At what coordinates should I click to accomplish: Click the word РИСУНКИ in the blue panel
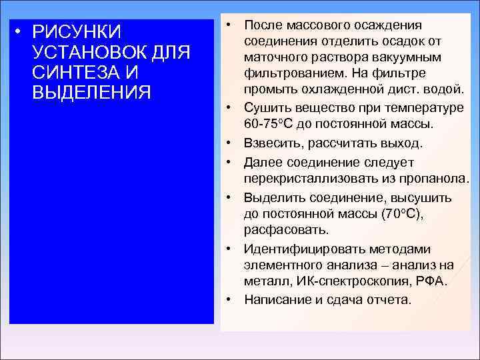pos(77,33)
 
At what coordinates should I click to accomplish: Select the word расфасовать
pos(285,231)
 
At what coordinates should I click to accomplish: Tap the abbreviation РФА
pos(431,281)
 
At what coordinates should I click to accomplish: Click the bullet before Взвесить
pos(228,143)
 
